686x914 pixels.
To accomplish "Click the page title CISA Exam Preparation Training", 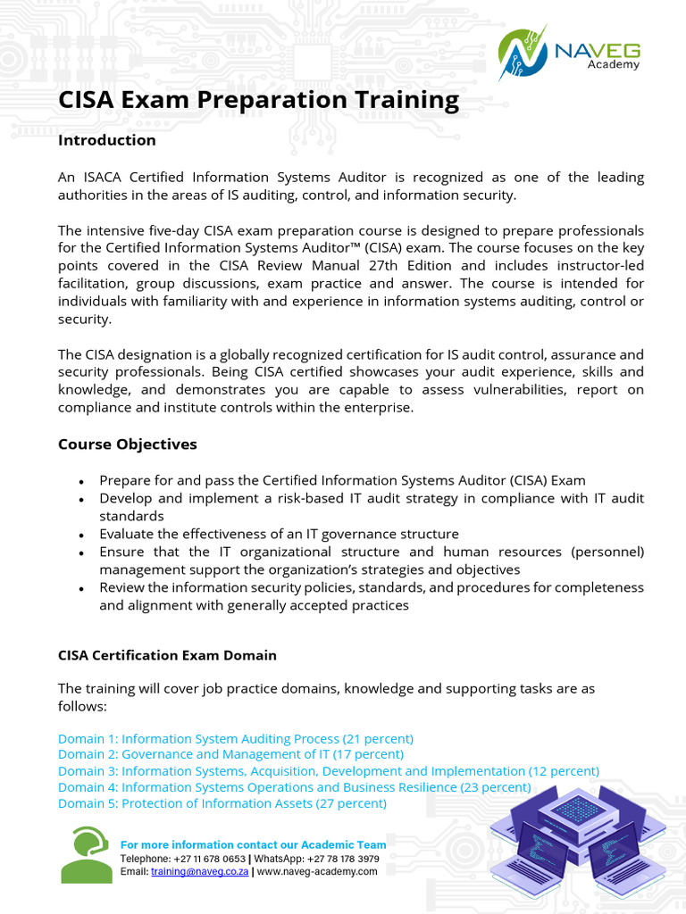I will [258, 100].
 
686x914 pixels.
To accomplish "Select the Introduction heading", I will [106, 140].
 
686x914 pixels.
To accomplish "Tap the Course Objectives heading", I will [127, 444].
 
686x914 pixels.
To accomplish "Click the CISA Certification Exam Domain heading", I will [167, 655].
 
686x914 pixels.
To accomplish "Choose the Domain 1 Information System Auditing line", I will [235, 739].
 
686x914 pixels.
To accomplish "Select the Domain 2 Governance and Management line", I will [230, 755].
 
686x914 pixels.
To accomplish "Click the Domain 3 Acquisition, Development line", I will [328, 771].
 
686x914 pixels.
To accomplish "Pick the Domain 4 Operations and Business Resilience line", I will [294, 787].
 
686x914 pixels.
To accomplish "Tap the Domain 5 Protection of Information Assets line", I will [222, 803].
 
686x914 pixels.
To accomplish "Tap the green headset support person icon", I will [86, 855].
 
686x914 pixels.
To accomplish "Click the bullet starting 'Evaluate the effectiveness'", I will [279, 534].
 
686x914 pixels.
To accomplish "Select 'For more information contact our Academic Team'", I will [253, 844].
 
